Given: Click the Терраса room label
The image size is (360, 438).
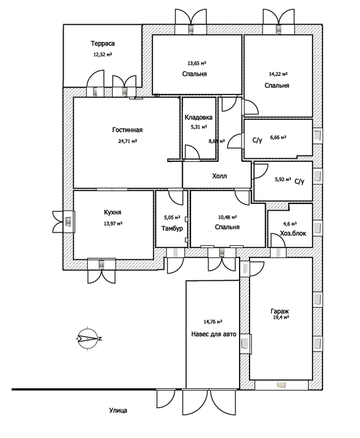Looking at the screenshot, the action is [x=103, y=44].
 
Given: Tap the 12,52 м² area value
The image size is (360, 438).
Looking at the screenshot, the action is [x=103, y=54].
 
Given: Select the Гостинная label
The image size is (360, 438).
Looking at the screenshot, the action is [x=127, y=130].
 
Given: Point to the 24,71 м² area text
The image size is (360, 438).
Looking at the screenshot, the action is [x=127, y=141].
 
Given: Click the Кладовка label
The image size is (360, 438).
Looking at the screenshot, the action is [x=199, y=117].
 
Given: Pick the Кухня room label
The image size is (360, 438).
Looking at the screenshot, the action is [x=112, y=213].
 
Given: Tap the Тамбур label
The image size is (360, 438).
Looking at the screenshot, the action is [x=172, y=228].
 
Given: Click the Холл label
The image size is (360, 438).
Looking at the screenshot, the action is [x=219, y=176].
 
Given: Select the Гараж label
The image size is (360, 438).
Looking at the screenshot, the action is [x=279, y=311].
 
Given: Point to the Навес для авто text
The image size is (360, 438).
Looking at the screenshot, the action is [x=214, y=334].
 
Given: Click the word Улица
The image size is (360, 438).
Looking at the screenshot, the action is [x=118, y=411].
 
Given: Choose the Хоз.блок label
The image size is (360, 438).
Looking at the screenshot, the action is [x=293, y=233].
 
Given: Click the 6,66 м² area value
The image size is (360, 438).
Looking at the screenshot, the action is [x=278, y=137].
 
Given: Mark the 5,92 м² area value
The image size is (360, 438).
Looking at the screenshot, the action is [x=283, y=179].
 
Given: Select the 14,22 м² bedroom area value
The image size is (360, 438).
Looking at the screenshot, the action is [x=278, y=74].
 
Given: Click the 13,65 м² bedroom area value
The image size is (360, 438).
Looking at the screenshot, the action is [x=197, y=64].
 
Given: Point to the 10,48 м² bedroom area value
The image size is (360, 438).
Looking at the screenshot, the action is [x=227, y=217].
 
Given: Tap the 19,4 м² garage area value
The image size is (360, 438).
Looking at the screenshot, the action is [x=281, y=318].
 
